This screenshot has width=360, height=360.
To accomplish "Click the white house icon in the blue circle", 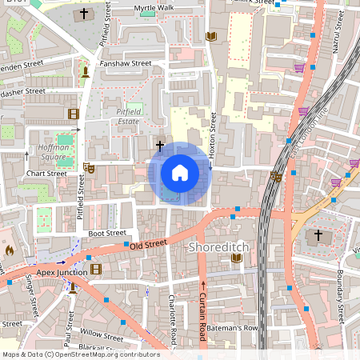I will click(179, 173).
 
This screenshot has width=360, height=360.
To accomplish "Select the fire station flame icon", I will click(10, 250).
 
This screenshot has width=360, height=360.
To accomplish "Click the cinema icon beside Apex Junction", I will click(96, 270).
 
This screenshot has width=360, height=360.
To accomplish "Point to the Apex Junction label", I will click(61, 272).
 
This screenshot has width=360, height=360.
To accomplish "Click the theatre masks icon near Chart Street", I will click(88, 167).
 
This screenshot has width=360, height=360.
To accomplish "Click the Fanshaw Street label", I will click(124, 63).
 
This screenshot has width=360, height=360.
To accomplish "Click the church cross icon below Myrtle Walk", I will click(85, 14).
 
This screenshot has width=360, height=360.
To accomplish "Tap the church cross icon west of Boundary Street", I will click(318, 235).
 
